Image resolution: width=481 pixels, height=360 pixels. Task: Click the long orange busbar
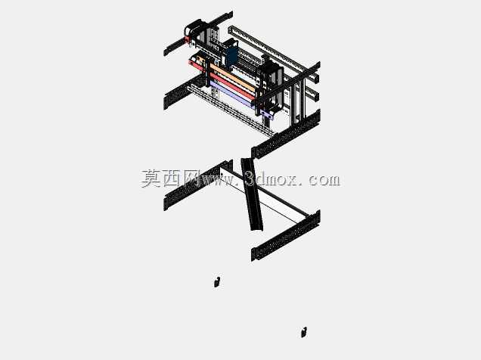[232, 77]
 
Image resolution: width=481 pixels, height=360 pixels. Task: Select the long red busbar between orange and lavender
[232, 86]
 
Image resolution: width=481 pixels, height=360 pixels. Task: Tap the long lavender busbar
[231, 94]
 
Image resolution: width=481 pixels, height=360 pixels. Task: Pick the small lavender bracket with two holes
[267, 114]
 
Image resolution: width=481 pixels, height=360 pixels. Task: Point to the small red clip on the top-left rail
[187, 39]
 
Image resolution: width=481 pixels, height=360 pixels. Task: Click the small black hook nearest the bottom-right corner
[304, 333]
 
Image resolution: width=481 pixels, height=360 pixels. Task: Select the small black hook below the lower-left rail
[217, 282]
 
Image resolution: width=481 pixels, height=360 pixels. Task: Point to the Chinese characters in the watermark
[171, 178]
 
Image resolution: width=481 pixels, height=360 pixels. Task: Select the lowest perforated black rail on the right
[286, 235]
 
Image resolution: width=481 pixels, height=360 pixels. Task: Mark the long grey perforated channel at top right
[274, 54]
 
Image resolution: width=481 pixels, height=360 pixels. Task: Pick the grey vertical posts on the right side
[298, 101]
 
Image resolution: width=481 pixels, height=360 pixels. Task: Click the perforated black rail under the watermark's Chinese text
[198, 185]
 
